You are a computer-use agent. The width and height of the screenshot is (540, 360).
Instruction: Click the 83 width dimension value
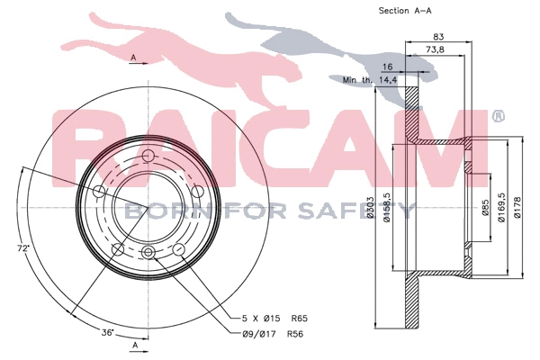point(439,37)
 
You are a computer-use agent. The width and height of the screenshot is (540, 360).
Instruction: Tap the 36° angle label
point(107,332)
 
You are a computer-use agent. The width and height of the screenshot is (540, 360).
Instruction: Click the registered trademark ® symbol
point(499,116)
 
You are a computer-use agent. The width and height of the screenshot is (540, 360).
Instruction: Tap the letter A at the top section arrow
point(132,58)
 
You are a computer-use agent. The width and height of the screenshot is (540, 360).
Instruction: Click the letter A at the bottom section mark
point(135,346)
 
